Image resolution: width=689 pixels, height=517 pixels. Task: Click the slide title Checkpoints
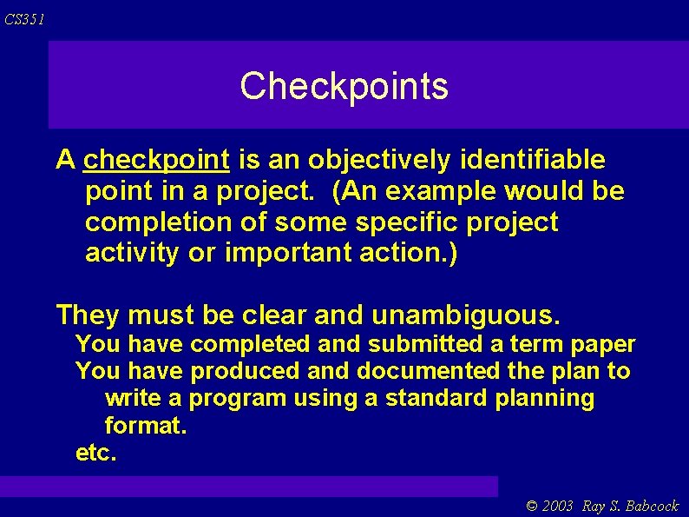coord(344,86)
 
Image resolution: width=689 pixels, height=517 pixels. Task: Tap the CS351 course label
coord(24,19)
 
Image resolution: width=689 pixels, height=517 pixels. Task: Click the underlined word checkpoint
coord(157,160)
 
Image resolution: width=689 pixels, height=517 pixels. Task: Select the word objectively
coord(379,160)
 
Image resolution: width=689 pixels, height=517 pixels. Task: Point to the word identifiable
coord(533,160)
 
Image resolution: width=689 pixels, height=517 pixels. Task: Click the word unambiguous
coord(466,313)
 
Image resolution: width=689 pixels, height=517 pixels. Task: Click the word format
coord(145,426)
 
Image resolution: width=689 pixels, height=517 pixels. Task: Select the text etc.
coord(95,453)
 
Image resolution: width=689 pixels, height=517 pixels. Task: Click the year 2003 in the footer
coord(559,507)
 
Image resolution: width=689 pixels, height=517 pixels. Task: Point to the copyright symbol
coord(533,507)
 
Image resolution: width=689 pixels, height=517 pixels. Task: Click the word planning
coord(546,399)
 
